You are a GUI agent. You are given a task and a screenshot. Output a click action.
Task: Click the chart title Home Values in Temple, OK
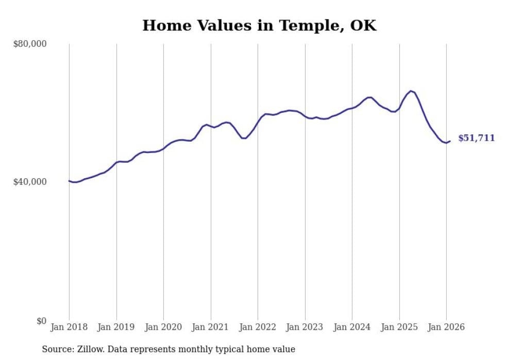[259, 26]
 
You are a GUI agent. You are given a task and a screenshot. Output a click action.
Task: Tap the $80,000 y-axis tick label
[29, 44]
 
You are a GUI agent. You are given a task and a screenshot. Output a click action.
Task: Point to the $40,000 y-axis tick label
[29, 182]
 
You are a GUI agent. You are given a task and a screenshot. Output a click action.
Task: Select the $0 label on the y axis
[41, 321]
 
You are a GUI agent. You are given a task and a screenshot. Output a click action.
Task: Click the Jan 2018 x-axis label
[69, 328]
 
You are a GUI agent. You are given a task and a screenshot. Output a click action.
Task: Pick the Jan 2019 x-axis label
[116, 328]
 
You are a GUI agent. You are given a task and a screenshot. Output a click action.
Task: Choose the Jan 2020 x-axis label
[163, 328]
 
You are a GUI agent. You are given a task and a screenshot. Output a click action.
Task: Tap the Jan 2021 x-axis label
[211, 328]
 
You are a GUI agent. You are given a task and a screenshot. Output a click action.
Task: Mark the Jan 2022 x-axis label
[258, 328]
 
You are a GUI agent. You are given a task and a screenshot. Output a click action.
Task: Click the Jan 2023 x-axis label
[305, 328]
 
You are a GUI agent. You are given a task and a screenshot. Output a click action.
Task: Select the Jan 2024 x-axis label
[352, 328]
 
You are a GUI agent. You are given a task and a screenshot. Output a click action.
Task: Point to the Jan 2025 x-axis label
[399, 328]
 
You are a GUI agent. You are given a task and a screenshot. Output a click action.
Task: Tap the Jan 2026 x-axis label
[446, 328]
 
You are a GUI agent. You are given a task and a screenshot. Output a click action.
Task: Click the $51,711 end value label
[476, 138]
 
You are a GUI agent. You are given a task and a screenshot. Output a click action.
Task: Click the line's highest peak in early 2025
[411, 91]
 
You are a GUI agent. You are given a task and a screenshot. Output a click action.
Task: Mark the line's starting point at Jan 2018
[69, 181]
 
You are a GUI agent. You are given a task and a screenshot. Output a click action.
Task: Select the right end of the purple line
[450, 141]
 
